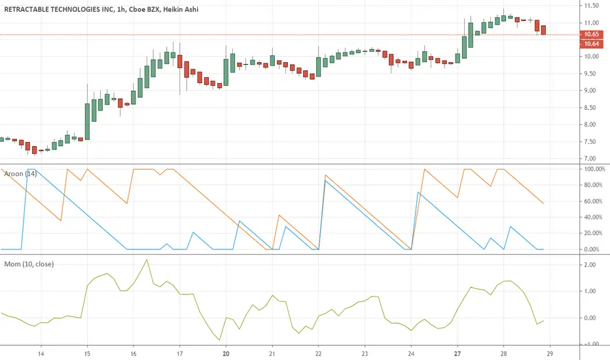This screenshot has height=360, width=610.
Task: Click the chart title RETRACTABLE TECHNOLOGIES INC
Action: point(58,9)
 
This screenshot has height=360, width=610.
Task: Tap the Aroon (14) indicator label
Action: point(20,173)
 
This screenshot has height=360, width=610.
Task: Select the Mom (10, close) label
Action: point(29,264)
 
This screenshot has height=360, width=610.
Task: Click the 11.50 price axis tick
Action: point(591,5)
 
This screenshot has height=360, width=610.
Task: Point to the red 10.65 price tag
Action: point(591,34)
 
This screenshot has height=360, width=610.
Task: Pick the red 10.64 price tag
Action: point(591,44)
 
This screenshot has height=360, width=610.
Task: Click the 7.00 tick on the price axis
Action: point(590,158)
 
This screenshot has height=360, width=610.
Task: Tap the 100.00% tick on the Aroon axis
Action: point(594,170)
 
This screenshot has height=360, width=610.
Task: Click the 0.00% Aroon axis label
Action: point(592,249)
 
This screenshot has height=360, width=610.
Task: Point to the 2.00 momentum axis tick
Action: point(590,264)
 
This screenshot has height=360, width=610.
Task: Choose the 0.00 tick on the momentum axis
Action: point(590,318)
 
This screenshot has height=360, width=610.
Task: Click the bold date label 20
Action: point(226,353)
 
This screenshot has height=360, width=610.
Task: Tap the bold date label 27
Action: point(457,353)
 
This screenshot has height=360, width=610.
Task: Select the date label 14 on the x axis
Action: point(41,353)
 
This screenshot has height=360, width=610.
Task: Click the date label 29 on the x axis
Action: point(550,353)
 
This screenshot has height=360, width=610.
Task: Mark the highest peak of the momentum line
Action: point(146,260)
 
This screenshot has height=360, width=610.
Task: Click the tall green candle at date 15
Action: point(87,122)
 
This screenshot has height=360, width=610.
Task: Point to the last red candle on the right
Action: point(543,30)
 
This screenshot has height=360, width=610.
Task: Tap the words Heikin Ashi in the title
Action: point(181,9)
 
